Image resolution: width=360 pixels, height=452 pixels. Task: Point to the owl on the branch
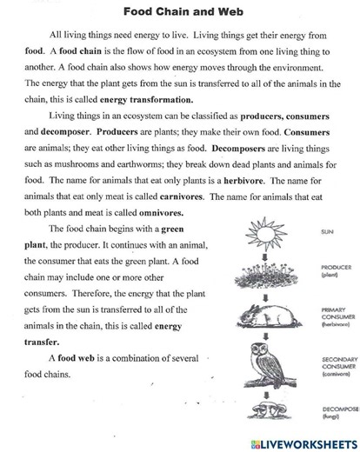[x=263, y=358]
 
